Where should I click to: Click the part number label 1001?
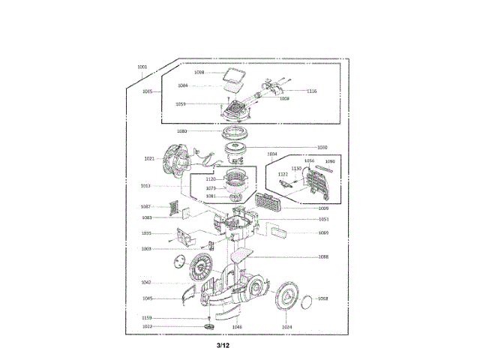pyautogui.click(x=142, y=67)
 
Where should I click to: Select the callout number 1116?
pyautogui.click(x=311, y=91)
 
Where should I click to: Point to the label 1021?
pyautogui.click(x=148, y=158)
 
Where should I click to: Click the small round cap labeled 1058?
pyautogui.click(x=307, y=298)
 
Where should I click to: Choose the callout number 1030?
pyautogui.click(x=322, y=147)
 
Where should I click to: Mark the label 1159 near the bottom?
pyautogui.click(x=147, y=318)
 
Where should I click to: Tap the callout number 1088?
pyautogui.click(x=322, y=257)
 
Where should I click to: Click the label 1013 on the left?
pyautogui.click(x=145, y=185)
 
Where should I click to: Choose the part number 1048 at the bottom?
pyautogui.click(x=237, y=327)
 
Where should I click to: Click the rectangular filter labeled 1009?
pyautogui.click(x=268, y=201)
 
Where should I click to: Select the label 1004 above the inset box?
pyautogui.click(x=271, y=154)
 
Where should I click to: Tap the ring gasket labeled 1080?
pyautogui.click(x=238, y=133)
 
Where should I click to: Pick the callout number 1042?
pyautogui.click(x=147, y=282)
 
